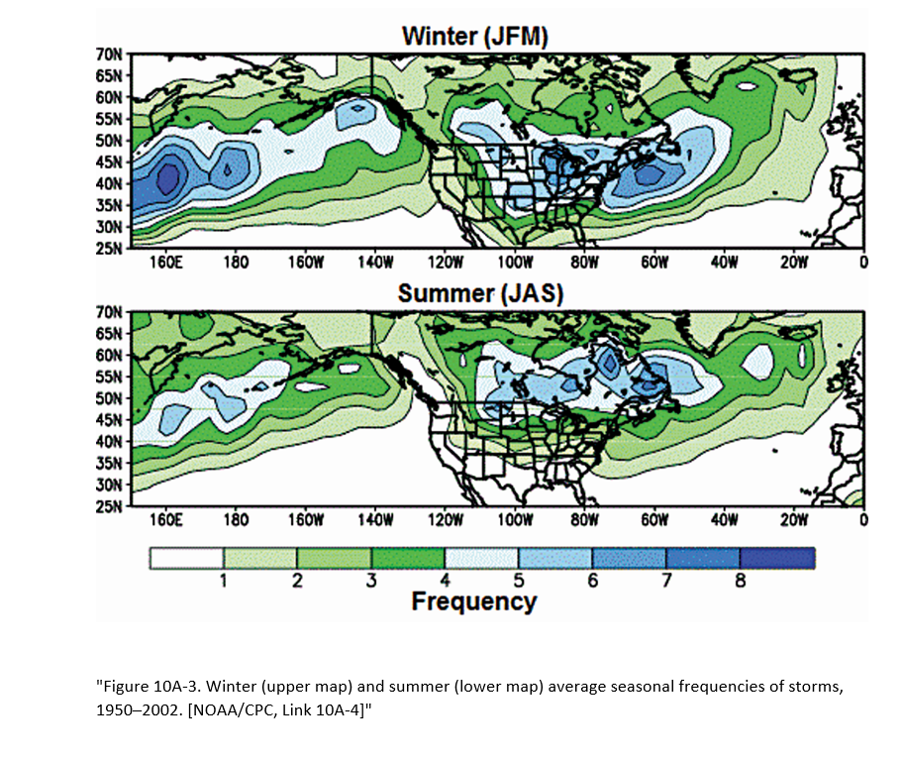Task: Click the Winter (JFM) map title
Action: point(474,37)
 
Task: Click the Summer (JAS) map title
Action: point(473,294)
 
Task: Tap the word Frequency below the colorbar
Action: point(473,601)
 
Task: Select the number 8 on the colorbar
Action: point(740,582)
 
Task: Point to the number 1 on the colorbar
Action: point(224,582)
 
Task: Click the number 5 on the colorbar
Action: point(519,582)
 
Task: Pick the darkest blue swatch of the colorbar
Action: point(776,559)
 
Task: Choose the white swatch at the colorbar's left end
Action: point(187,559)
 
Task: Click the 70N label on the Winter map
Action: point(108,54)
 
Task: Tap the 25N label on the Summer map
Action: point(108,506)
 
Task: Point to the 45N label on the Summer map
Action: point(108,420)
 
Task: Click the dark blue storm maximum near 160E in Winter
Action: point(167,178)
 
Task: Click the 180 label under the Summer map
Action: point(236,520)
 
